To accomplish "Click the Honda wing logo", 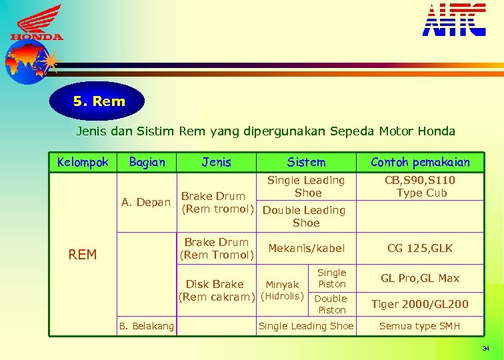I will click(37, 23).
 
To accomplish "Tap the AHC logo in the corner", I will click(454, 19).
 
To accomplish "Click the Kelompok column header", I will click(83, 162).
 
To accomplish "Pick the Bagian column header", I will click(147, 162).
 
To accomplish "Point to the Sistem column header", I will click(306, 162).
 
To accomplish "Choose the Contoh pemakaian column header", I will click(420, 162).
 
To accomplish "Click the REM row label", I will click(83, 254).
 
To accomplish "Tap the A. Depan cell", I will click(146, 202).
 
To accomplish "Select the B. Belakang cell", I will click(146, 325).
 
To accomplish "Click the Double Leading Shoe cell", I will click(305, 216).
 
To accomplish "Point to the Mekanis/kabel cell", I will click(306, 248).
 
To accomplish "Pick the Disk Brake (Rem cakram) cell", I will click(216, 290).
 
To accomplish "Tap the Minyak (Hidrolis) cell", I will click(282, 290).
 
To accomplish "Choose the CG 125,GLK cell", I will click(420, 248).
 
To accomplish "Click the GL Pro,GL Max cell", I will click(420, 278).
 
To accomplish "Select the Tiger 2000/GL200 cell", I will click(420, 304).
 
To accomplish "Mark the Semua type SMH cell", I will click(420, 325).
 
